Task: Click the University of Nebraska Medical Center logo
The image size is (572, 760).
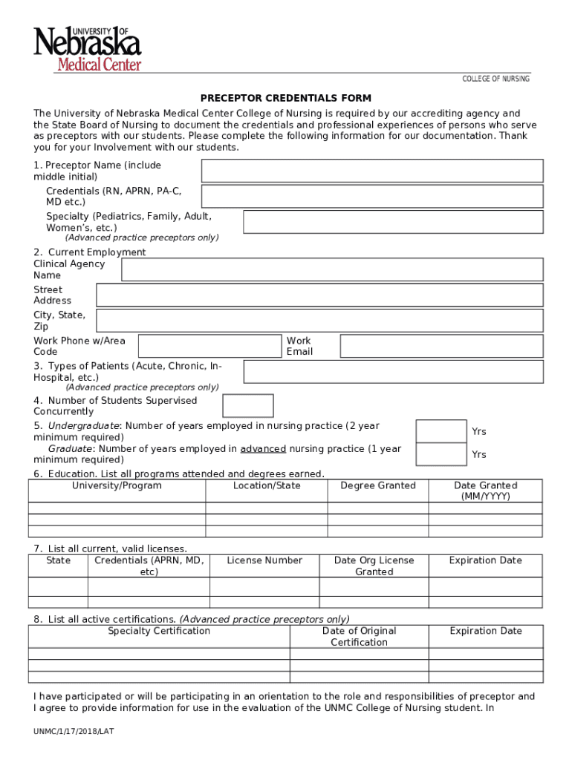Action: point(87,48)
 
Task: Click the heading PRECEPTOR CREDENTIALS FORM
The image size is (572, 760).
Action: point(285,98)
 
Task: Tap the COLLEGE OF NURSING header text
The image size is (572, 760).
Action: point(495,79)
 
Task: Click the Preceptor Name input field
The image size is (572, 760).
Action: point(372,171)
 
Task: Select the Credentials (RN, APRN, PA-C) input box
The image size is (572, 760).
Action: point(372,196)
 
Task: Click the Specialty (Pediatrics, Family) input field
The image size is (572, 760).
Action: point(393,222)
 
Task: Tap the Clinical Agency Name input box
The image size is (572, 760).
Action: point(332,269)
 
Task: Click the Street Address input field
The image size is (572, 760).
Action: point(319,295)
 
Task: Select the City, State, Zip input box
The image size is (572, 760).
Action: point(319,321)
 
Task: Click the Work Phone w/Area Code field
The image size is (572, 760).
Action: point(209,346)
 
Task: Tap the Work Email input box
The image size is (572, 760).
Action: point(441,346)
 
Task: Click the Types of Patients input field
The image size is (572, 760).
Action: point(393,372)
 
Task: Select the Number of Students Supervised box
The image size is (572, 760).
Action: point(248,406)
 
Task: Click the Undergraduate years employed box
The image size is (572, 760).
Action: point(441,431)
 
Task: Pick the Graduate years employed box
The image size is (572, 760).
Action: point(441,453)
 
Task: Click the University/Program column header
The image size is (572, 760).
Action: point(117,486)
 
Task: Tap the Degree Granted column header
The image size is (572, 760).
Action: point(378,486)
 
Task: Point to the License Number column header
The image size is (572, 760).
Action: point(264,560)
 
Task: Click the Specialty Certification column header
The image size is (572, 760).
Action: point(159,631)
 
